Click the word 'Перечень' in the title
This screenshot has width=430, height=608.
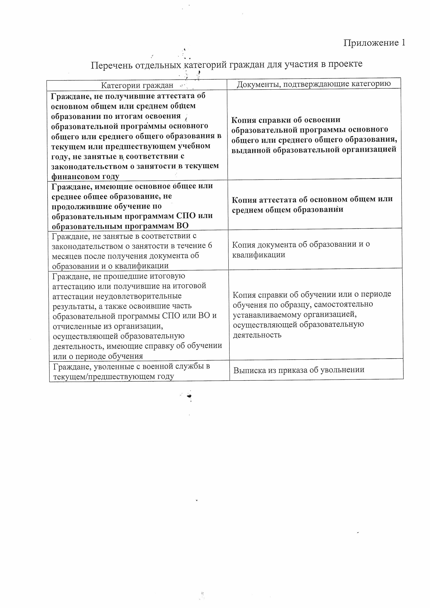(x=112, y=65)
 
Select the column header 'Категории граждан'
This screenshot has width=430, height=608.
(x=137, y=85)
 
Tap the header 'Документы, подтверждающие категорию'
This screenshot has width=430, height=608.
(x=313, y=84)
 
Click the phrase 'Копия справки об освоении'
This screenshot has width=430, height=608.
(x=286, y=120)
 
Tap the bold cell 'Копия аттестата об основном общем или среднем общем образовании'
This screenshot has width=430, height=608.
(x=312, y=204)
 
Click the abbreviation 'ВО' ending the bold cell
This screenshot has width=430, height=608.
(x=182, y=226)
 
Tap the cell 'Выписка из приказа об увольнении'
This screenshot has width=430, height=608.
(x=299, y=370)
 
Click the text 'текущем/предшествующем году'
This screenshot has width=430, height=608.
(x=113, y=376)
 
